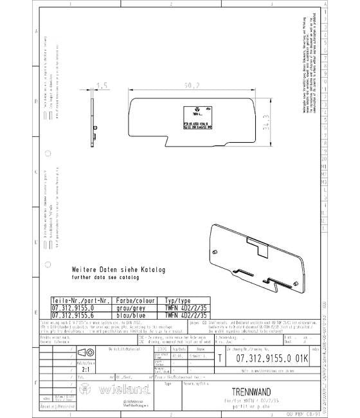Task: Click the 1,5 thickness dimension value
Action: pyautogui.click(x=101, y=86)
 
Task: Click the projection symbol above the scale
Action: pyautogui.click(x=86, y=353)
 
